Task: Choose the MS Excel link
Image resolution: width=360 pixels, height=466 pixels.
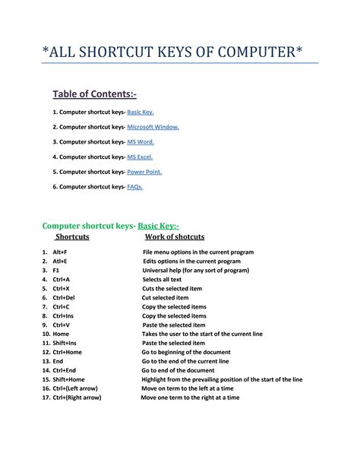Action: tap(140, 157)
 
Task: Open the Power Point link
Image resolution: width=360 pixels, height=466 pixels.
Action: tap(144, 172)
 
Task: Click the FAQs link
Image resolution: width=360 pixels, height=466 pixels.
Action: tap(135, 186)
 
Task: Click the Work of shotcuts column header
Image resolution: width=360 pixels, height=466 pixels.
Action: tap(175, 236)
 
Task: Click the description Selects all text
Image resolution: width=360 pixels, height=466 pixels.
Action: tap(162, 279)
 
